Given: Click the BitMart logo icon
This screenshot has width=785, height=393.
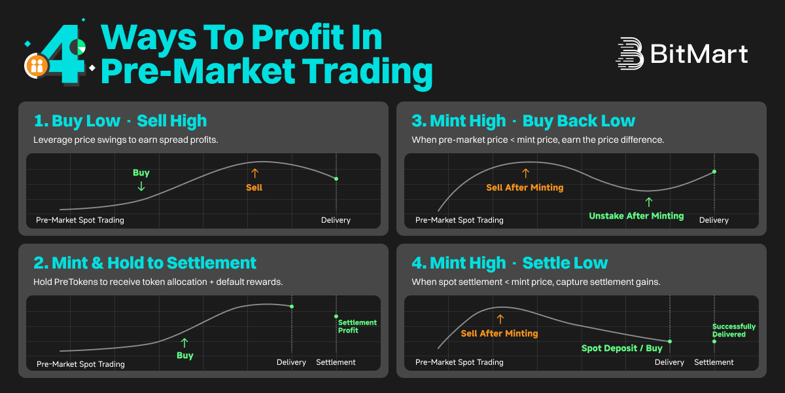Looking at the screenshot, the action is [x=630, y=53].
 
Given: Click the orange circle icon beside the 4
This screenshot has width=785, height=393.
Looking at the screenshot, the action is [x=37, y=65].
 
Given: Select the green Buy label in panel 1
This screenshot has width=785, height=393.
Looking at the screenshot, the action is [x=141, y=173].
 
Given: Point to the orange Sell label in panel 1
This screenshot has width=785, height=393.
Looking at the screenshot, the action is [x=254, y=187].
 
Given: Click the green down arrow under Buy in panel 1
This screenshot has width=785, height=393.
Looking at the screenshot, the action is [x=141, y=186].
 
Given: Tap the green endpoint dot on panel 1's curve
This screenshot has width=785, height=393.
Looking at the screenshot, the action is [x=336, y=179].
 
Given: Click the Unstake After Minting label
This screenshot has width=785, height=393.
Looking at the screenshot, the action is [x=636, y=215].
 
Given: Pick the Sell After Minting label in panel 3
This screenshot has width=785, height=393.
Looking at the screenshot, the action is [x=525, y=187].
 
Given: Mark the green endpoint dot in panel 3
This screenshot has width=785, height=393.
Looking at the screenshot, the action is [x=714, y=172].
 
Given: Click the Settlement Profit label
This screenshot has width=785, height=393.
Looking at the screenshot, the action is [x=357, y=326].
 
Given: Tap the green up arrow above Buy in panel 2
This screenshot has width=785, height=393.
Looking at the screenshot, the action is [x=184, y=343].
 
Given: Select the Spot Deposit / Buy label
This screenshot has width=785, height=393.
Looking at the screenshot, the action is [x=621, y=348].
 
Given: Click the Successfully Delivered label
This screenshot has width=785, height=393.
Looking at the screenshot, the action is [x=734, y=330].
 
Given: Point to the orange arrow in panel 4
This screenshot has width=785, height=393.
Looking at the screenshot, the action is [x=500, y=319].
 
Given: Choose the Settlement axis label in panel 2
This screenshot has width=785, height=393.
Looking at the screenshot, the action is [x=336, y=362].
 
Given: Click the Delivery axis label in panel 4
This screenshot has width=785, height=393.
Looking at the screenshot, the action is [x=669, y=362].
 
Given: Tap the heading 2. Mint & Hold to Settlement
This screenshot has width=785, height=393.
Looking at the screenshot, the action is [x=145, y=263].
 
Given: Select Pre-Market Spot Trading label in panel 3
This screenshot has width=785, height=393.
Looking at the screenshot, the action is [x=459, y=220].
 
